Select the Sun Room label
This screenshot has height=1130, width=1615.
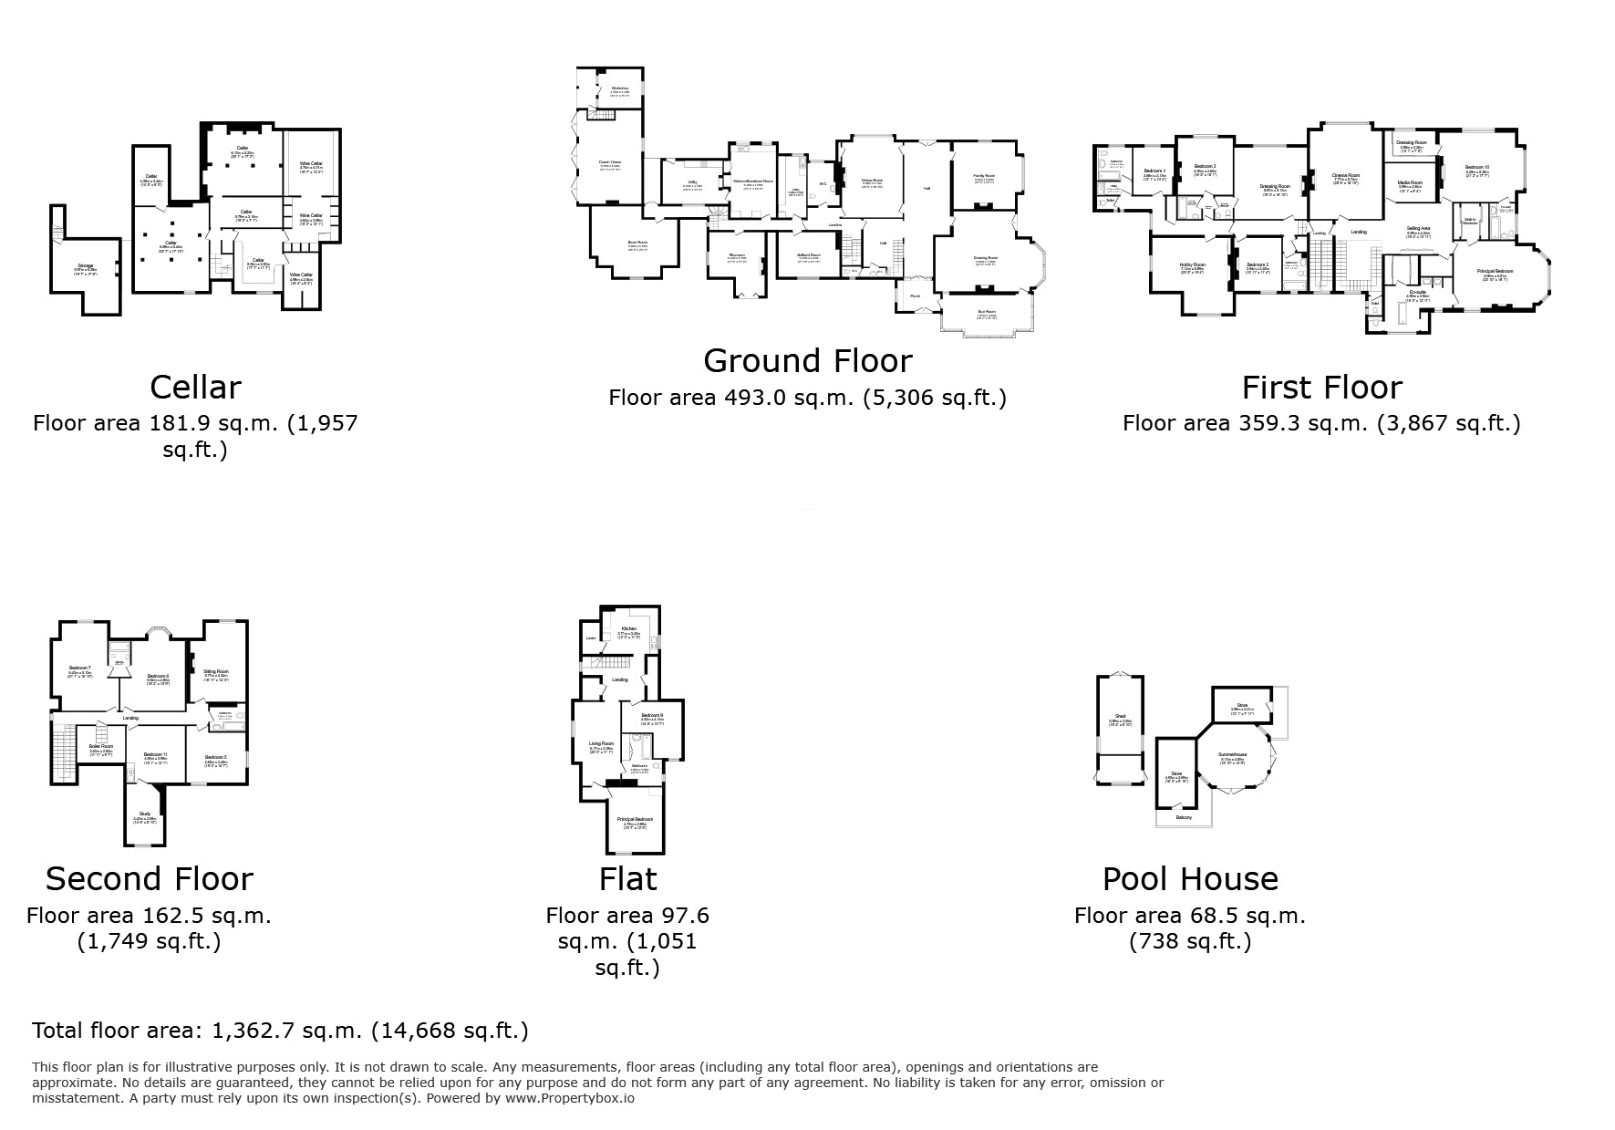(986, 312)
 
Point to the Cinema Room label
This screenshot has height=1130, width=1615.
(1346, 175)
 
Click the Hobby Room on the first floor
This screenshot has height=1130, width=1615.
(1192, 264)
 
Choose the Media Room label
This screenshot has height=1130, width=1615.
(1409, 182)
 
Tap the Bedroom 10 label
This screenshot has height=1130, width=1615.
(1476, 167)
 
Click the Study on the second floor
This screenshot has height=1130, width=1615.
(144, 814)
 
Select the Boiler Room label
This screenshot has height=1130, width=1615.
(100, 746)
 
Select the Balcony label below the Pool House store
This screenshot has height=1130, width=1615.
(1184, 817)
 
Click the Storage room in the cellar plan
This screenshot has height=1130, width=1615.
(84, 266)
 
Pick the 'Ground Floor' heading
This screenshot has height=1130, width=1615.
(807, 361)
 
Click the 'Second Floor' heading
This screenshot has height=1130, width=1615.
(149, 878)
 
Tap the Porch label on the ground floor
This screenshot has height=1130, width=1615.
(915, 295)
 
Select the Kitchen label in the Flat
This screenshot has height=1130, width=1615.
(629, 629)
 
